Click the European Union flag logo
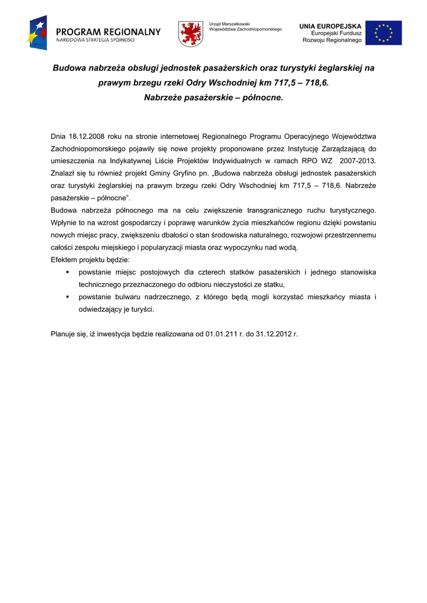tap(383, 33)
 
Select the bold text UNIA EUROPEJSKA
tap(330, 26)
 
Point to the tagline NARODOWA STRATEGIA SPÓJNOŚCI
tap(96, 40)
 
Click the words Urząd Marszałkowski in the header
tap(230, 24)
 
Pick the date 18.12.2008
tap(87, 136)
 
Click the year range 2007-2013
tap(358, 161)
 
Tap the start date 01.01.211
tap(225, 334)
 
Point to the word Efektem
tap(65, 260)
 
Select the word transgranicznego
tap(281, 210)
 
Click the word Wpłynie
tap(65, 223)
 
